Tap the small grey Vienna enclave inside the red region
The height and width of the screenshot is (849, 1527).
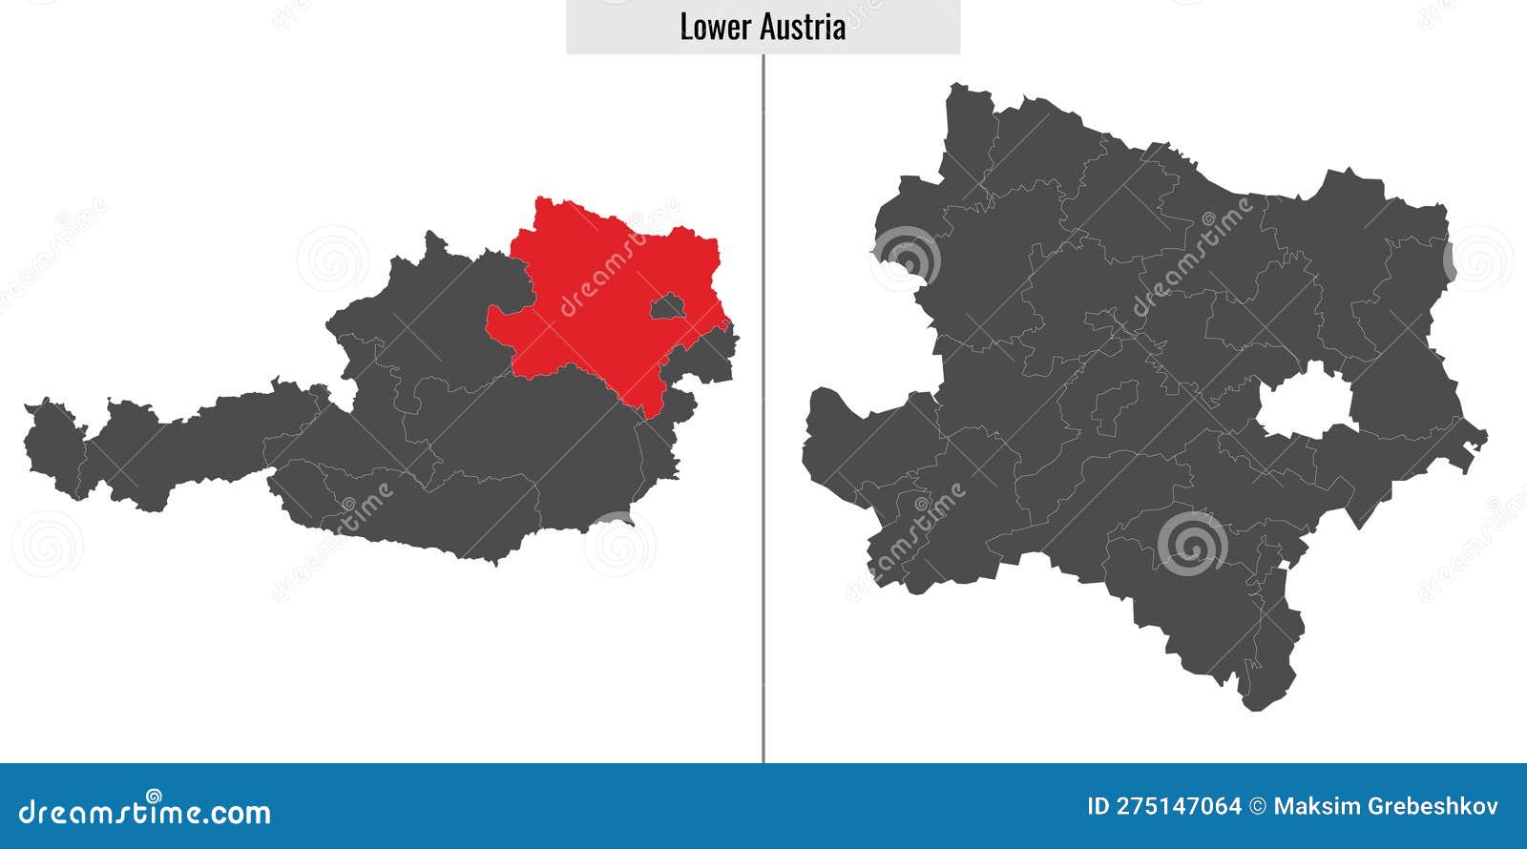coord(669,307)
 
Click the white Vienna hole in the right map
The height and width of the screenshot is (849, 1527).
coord(1306,402)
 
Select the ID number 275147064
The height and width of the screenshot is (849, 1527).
coord(1180,806)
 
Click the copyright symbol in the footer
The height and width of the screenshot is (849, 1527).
coord(1258,806)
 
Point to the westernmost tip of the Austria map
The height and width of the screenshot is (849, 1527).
coord(28,409)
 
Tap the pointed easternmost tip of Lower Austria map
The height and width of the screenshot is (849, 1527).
coord(1484,440)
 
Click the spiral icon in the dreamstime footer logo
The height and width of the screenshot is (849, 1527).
coord(154,795)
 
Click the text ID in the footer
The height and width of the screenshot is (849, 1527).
coord(1099,806)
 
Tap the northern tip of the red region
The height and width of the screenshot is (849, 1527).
coord(542,201)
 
